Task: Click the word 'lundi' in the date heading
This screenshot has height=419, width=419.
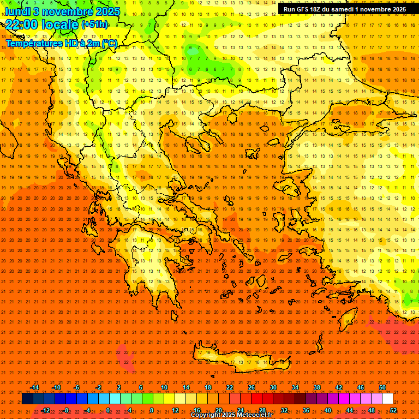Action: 17,11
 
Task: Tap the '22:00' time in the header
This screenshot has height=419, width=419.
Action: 22,25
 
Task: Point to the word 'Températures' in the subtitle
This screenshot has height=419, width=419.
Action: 32,43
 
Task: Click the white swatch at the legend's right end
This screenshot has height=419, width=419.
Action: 388,399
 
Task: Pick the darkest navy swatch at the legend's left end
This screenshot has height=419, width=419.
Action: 27,399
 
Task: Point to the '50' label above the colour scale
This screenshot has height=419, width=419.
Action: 382,387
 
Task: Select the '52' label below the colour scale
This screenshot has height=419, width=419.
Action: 393,410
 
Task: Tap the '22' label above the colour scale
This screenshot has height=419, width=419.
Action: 230,387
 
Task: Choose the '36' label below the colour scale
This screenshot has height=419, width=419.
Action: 306,410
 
